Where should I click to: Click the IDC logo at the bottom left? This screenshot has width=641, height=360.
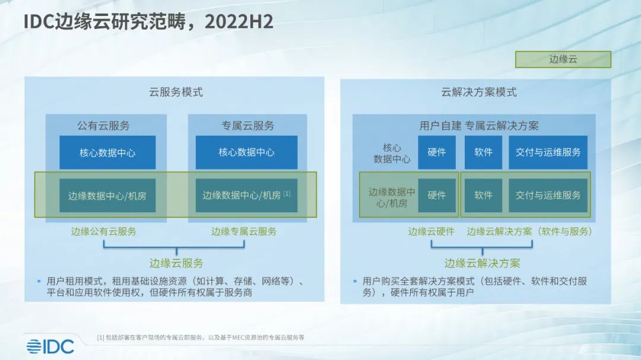click(50, 346)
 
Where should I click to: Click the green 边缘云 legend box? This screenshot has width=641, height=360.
click(563, 59)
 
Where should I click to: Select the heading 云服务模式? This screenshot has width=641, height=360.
click(176, 92)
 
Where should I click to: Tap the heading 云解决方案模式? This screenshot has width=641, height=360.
click(479, 92)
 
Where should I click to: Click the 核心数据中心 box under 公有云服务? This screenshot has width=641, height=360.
click(107, 152)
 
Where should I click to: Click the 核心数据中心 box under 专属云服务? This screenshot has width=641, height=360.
click(246, 152)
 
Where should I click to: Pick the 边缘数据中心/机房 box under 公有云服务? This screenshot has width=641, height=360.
click(107, 195)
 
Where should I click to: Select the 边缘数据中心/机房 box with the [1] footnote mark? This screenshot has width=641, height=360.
click(246, 195)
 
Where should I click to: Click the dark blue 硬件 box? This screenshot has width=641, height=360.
click(437, 152)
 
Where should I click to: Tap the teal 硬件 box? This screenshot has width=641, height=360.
click(437, 195)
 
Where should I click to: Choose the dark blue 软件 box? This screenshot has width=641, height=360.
click(483, 152)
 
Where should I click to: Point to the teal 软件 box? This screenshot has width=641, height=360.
click(483, 195)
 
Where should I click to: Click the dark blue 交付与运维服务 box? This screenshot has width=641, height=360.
click(548, 152)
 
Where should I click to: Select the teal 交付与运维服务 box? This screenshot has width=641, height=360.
click(548, 195)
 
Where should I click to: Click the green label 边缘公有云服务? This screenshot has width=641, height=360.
click(103, 231)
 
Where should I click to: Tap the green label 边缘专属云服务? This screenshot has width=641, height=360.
click(244, 231)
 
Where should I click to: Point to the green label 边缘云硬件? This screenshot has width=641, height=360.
click(431, 231)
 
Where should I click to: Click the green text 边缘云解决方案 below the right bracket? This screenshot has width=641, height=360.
click(483, 263)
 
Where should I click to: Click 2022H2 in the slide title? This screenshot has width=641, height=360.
click(239, 22)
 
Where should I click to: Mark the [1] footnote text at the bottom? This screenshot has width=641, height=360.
click(201, 337)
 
